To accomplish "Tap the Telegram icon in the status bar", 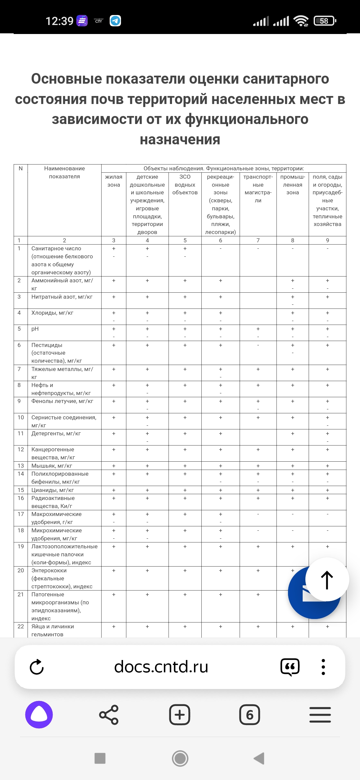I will point(115,21).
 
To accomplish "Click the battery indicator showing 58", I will point(325,21).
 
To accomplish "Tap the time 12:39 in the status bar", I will point(59,21).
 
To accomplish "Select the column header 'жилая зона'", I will point(114,181).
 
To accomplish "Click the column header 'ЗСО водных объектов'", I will point(185,185).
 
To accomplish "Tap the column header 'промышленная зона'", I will point(293,185).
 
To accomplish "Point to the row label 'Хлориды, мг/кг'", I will point(52,313).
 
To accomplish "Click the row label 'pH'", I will point(35,329).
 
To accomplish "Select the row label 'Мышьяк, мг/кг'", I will point(52,466).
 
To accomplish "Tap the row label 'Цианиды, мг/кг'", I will point(53,490).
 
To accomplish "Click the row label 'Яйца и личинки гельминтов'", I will point(53,630).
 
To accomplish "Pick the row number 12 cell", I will point(21,449).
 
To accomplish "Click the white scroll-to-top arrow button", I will point(327,580).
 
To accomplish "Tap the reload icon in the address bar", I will point(37,667).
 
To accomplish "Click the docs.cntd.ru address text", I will point(161,667).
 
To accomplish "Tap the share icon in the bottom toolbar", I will point(109,715).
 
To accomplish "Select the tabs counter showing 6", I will point(250,715).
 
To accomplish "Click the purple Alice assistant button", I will point(39,715).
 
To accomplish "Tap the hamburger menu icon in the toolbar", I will point(320,715).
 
